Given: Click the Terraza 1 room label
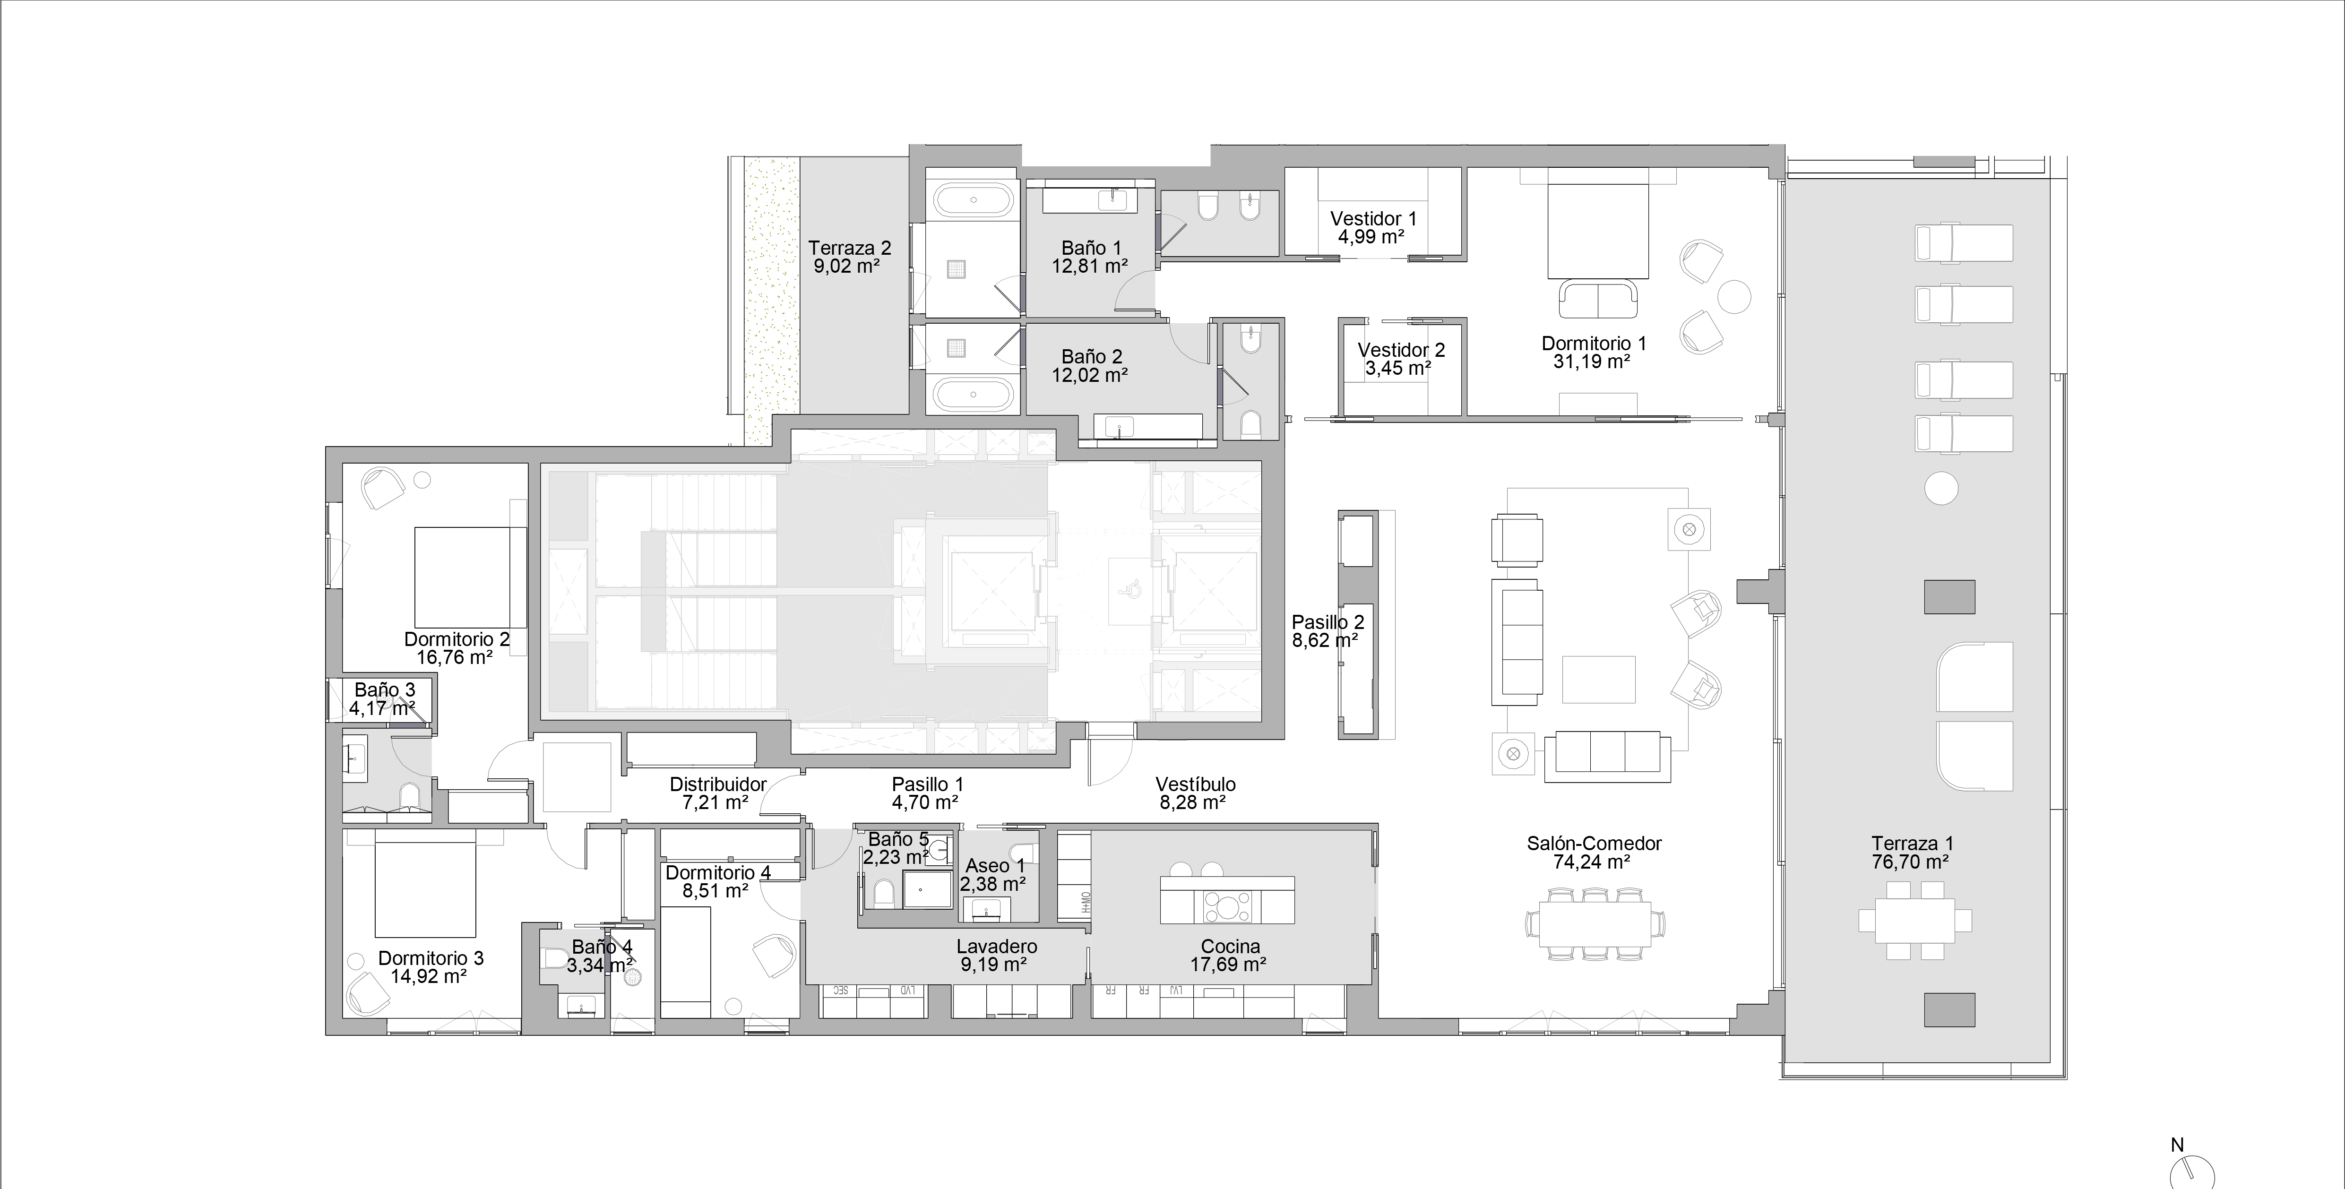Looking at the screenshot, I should pos(1912,844).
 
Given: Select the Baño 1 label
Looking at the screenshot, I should pos(1091,248).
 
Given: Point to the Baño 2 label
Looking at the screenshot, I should pos(1091,357).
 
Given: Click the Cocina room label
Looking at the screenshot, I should pos(1230,947).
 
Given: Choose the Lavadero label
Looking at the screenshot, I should pos(996,947).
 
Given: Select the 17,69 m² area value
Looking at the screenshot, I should pos(1228,965).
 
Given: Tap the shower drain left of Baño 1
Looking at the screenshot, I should pos(957,268).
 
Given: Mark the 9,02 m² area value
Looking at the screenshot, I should pos(846,267).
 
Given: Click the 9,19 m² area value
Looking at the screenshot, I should pos(993,965).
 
